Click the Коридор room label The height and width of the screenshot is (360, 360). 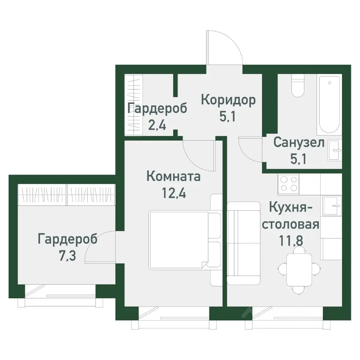[x=228, y=100]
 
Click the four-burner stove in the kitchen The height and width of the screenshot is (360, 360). [x=288, y=184]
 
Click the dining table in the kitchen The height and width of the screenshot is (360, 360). [x=299, y=269]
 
